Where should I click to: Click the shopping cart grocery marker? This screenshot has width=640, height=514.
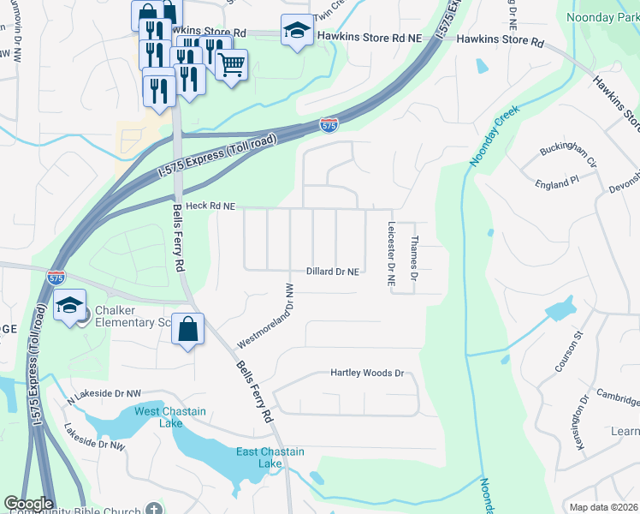[232, 63]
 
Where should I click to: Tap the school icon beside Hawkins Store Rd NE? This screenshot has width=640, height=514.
[296, 32]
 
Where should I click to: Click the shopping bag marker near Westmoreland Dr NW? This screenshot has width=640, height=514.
[187, 330]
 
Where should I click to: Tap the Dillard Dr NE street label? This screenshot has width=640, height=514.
[331, 271]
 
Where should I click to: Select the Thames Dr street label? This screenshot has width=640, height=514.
[413, 259]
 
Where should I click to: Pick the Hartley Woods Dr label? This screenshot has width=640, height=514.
[366, 374]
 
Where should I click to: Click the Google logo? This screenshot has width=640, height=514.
[28, 504]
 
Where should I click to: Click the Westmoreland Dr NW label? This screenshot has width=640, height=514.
[265, 316]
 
